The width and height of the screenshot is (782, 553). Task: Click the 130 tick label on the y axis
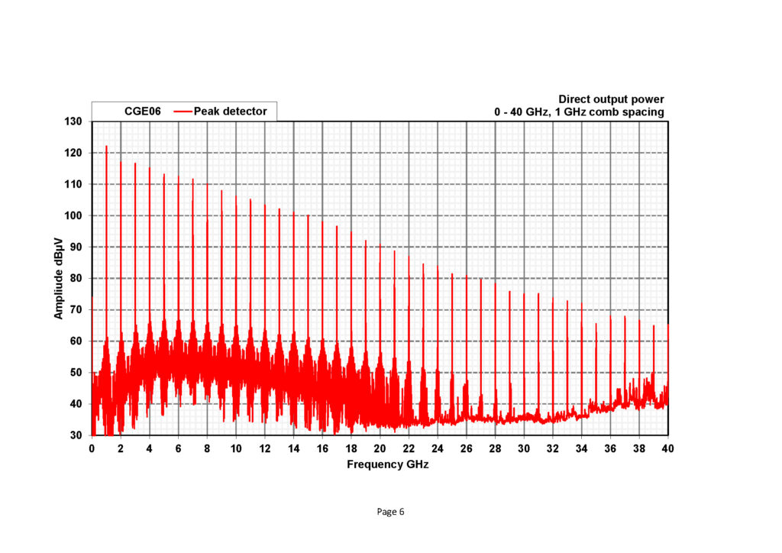tap(75, 121)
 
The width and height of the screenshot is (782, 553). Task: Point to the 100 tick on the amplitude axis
tap(75, 215)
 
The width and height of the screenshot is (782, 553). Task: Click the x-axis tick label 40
tap(667, 449)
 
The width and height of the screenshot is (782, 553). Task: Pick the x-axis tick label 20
tap(380, 449)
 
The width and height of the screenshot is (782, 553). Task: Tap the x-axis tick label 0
tap(92, 449)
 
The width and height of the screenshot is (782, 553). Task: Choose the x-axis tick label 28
tap(495, 449)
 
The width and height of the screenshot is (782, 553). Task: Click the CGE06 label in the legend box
tap(143, 112)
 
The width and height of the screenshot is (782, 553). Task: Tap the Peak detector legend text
tap(231, 112)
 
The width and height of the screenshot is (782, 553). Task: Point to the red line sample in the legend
tap(183, 112)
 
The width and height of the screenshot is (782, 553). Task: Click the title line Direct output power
tap(611, 99)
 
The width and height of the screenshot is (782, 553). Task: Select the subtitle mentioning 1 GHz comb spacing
tap(579, 112)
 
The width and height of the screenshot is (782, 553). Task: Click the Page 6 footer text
tap(390, 512)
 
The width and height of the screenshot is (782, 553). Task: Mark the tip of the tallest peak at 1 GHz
tap(106, 146)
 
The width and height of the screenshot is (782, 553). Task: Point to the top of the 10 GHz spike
tap(236, 196)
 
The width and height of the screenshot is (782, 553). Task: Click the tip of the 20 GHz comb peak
tap(380, 245)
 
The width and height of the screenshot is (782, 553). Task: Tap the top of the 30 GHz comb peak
tap(524, 293)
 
